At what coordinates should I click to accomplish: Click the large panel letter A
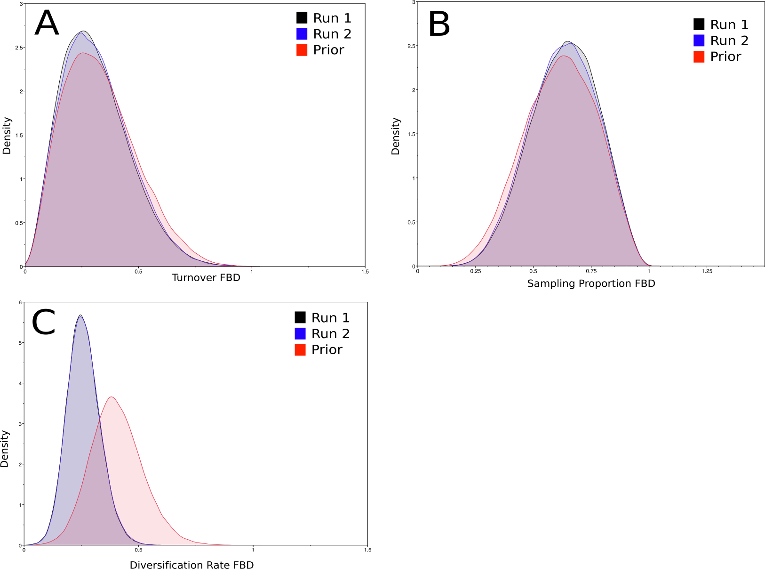pos(47,23)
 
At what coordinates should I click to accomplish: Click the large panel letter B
pos(439,24)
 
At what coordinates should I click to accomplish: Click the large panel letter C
pos(44,322)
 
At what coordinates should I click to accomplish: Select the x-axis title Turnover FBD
pos(206,277)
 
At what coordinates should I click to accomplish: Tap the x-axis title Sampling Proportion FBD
pos(591,283)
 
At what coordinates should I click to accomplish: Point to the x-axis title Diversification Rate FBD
pos(191,565)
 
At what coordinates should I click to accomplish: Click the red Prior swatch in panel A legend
pos(302,50)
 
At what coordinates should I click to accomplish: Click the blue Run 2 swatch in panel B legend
pos(699,40)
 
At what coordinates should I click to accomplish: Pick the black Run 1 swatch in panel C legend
pos(300,317)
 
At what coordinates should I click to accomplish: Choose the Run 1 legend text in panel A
pos(332,18)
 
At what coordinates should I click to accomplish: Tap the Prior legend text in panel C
pos(327,349)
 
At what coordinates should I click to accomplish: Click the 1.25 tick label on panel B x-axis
pos(707,271)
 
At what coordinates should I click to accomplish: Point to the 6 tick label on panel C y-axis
pos(20,303)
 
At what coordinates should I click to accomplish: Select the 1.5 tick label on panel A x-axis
pos(365,272)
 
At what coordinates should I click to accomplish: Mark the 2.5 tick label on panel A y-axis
pos(19,48)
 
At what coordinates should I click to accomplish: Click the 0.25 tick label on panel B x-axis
pos(475,271)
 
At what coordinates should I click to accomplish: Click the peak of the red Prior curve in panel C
pos(112,397)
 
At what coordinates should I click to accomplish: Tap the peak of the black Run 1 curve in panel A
pos(84,31)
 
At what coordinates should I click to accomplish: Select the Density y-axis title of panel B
pos(395,136)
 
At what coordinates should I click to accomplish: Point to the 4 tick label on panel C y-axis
pos(20,383)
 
